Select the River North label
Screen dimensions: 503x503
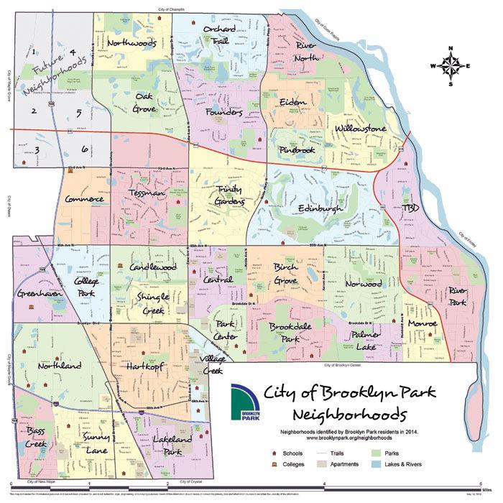[297, 52]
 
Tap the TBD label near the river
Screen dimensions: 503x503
[410, 207]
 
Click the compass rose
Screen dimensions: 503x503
[451, 66]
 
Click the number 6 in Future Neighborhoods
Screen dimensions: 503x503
[84, 149]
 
